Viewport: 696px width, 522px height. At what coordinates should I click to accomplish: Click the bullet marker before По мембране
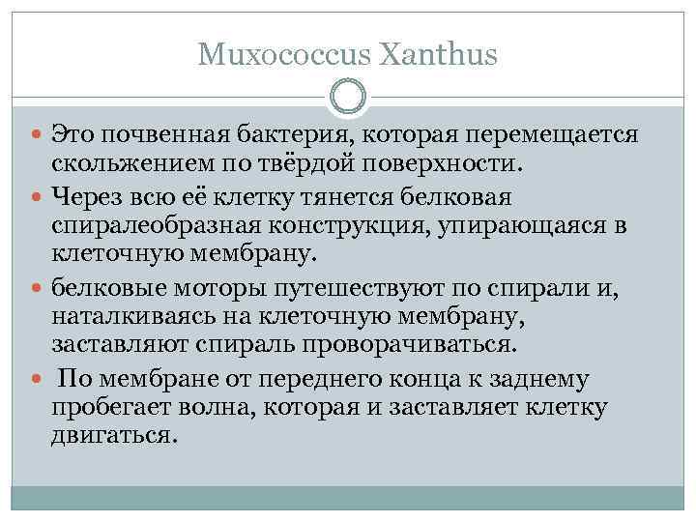pyautogui.click(x=38, y=380)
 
